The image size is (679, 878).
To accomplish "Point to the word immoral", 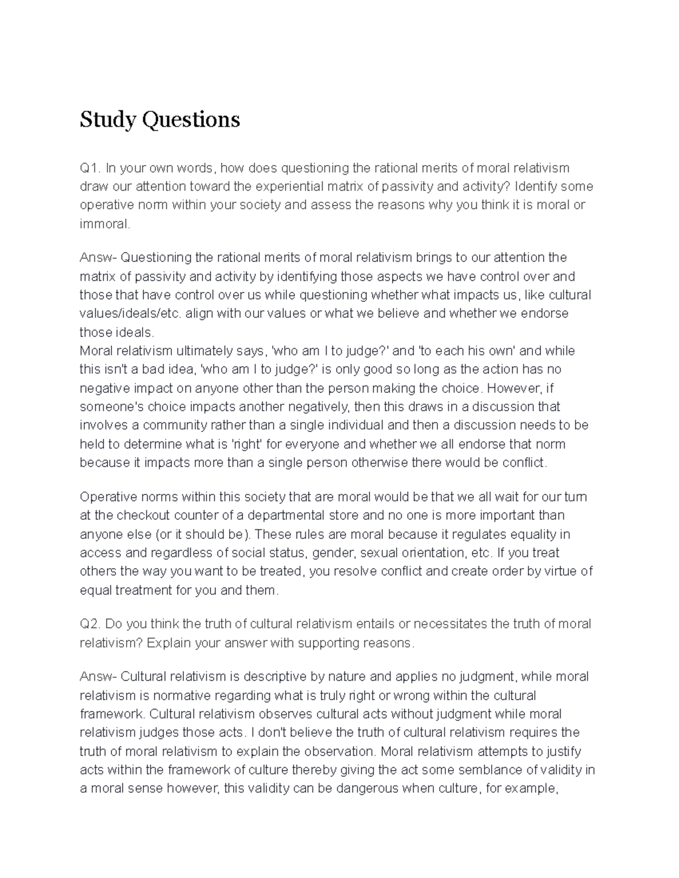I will tap(105, 224).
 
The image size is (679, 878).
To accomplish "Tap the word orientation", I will tap(427, 552).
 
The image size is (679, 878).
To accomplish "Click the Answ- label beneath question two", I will tap(98, 676).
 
